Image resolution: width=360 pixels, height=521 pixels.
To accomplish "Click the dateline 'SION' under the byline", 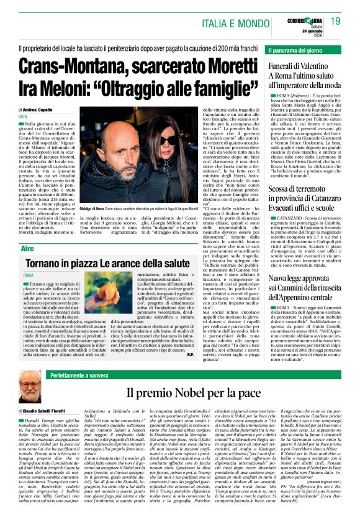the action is point(23,116).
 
